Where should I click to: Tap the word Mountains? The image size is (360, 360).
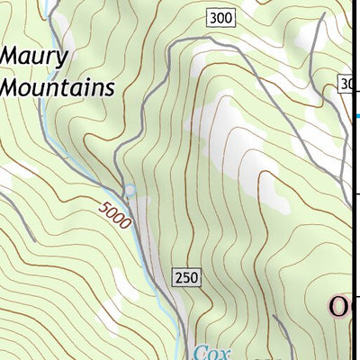click(x=58, y=87)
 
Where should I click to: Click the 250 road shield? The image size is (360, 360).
click(x=186, y=276)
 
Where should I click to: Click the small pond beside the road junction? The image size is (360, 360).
click(x=130, y=190)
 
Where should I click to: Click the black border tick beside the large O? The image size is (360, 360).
click(x=356, y=297)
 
